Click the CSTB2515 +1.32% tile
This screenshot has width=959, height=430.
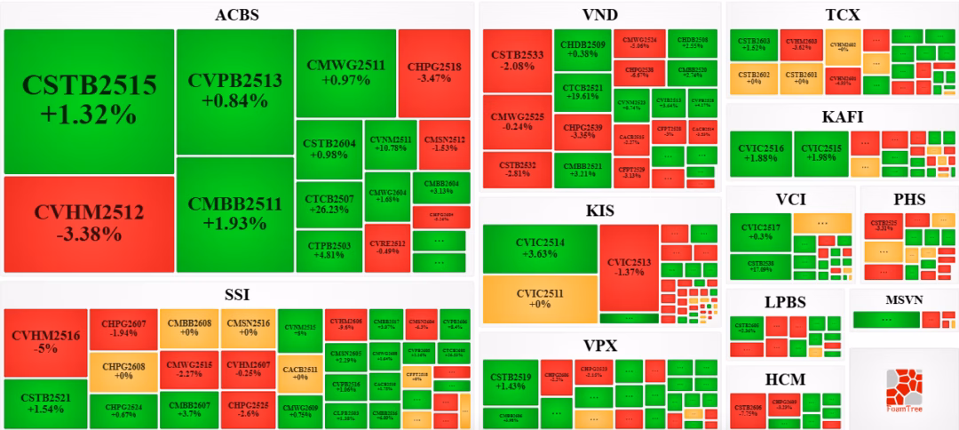pyautogui.click(x=89, y=100)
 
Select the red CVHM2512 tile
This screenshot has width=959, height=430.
pyautogui.click(x=89, y=224)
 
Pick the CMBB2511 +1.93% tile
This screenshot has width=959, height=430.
pyautogui.click(x=235, y=214)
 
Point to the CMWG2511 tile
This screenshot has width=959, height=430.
pyautogui.click(x=345, y=73)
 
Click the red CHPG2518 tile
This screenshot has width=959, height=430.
pyautogui.click(x=434, y=73)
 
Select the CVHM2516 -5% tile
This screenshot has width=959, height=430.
pyautogui.click(x=46, y=342)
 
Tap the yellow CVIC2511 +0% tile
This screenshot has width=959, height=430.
pyautogui.click(x=540, y=299)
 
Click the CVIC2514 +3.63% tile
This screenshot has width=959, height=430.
pyautogui.click(x=540, y=248)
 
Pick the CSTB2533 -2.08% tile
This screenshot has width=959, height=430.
pyautogui.click(x=517, y=60)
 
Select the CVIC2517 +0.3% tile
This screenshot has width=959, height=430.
pyautogui.click(x=760, y=232)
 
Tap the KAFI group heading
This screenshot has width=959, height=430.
pyautogui.click(x=843, y=116)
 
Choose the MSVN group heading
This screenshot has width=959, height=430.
pyautogui.click(x=905, y=299)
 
